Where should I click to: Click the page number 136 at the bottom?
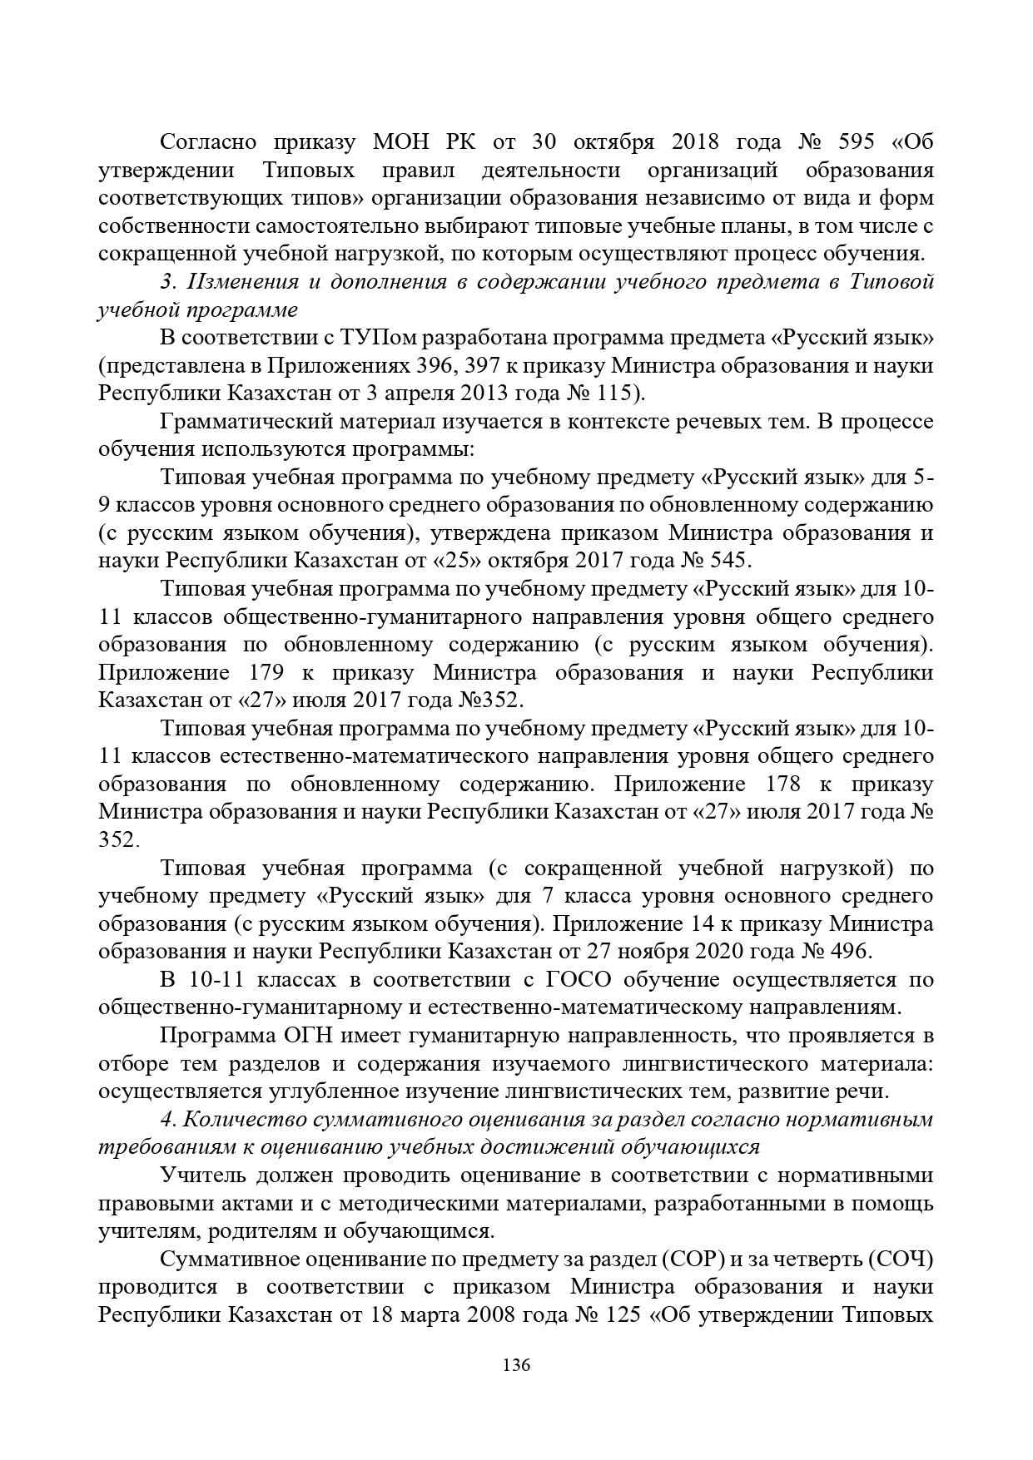pos(516,1365)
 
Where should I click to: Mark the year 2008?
pos(500,1315)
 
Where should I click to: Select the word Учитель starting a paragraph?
pos(195,1175)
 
